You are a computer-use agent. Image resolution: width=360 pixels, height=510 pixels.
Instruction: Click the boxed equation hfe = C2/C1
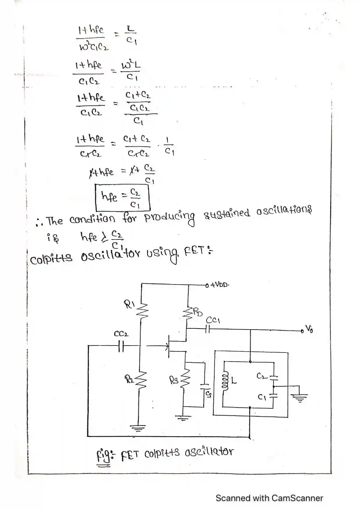(x=122, y=198)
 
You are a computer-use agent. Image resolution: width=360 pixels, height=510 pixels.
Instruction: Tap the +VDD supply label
(x=219, y=285)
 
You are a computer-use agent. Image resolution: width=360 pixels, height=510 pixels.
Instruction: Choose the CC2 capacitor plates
(x=121, y=346)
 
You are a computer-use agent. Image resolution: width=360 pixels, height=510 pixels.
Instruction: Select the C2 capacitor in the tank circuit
(x=273, y=378)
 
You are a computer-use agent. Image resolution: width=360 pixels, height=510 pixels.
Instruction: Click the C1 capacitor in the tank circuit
(x=273, y=395)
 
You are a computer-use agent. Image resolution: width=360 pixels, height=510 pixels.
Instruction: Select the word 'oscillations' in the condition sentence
(x=284, y=211)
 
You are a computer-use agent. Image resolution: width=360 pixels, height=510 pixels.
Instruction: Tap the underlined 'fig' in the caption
(x=103, y=455)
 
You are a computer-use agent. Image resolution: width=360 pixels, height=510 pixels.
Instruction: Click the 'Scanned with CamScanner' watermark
(x=269, y=498)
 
